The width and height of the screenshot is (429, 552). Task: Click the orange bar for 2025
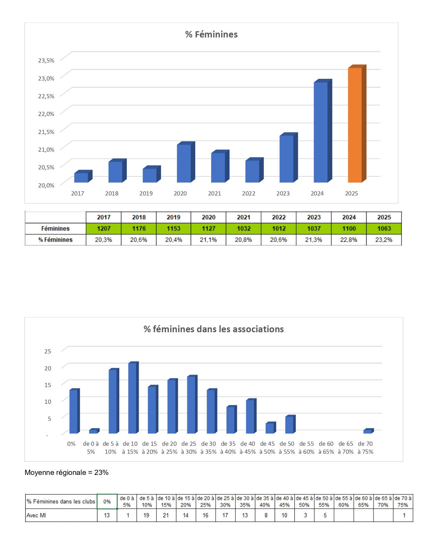(x=355, y=125)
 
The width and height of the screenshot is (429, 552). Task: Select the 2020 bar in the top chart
(x=184, y=163)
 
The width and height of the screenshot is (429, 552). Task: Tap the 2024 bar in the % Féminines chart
(x=321, y=132)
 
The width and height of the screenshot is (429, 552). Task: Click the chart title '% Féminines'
(x=211, y=34)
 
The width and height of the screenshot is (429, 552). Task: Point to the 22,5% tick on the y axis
(x=46, y=96)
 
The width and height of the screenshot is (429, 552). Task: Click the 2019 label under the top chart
(x=146, y=193)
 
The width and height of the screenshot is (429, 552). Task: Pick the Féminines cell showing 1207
(x=104, y=228)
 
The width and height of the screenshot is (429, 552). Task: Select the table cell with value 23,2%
(x=384, y=240)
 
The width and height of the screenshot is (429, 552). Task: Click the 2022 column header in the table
(x=278, y=217)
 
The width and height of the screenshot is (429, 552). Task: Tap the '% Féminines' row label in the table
(x=55, y=240)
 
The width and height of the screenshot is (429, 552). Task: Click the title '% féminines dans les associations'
(x=214, y=329)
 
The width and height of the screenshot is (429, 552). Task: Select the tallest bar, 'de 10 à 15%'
(x=132, y=398)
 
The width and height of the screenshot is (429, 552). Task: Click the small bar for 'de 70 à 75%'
(x=368, y=431)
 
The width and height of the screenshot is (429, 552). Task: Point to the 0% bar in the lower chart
(x=74, y=411)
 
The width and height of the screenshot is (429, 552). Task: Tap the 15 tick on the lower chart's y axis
(x=48, y=385)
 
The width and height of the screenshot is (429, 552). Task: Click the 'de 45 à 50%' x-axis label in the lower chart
(x=267, y=448)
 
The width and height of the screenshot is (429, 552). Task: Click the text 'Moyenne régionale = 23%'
(x=67, y=472)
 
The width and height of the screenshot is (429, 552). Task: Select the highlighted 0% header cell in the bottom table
(x=107, y=502)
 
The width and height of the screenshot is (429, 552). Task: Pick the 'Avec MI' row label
(x=36, y=516)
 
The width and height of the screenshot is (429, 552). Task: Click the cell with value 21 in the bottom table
(x=166, y=516)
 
